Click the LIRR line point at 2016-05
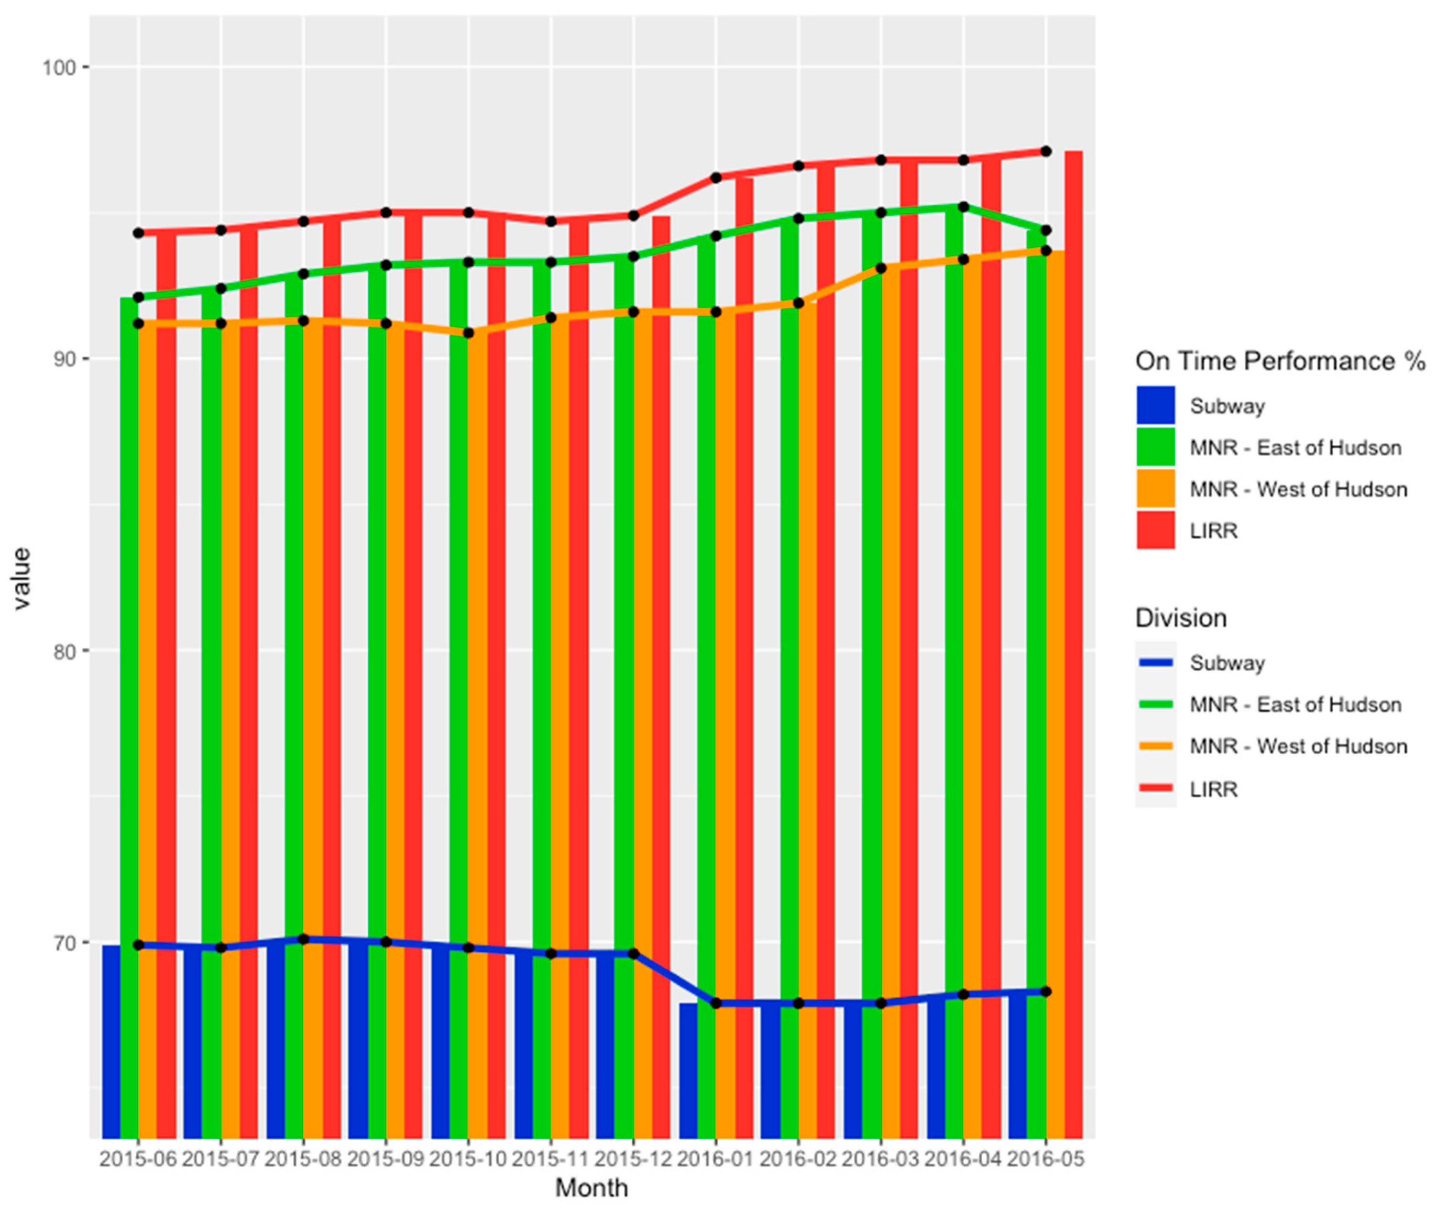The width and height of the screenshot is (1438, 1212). (x=1045, y=151)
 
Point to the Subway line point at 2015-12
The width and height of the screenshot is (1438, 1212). (x=633, y=954)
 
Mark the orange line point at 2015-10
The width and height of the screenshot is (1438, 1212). (x=468, y=332)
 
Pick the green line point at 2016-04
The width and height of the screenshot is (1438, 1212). (x=963, y=207)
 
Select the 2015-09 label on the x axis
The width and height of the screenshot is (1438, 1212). (x=385, y=1159)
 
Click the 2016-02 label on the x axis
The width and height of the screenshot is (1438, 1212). (x=798, y=1159)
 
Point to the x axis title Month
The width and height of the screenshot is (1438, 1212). (x=591, y=1188)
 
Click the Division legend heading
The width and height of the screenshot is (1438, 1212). (x=1180, y=618)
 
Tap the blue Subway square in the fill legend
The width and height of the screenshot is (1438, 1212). (x=1156, y=406)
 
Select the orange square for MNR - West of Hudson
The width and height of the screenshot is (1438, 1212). (x=1156, y=489)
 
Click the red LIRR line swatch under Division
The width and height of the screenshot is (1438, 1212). (x=1156, y=789)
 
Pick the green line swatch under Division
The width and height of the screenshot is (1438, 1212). (x=1156, y=704)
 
